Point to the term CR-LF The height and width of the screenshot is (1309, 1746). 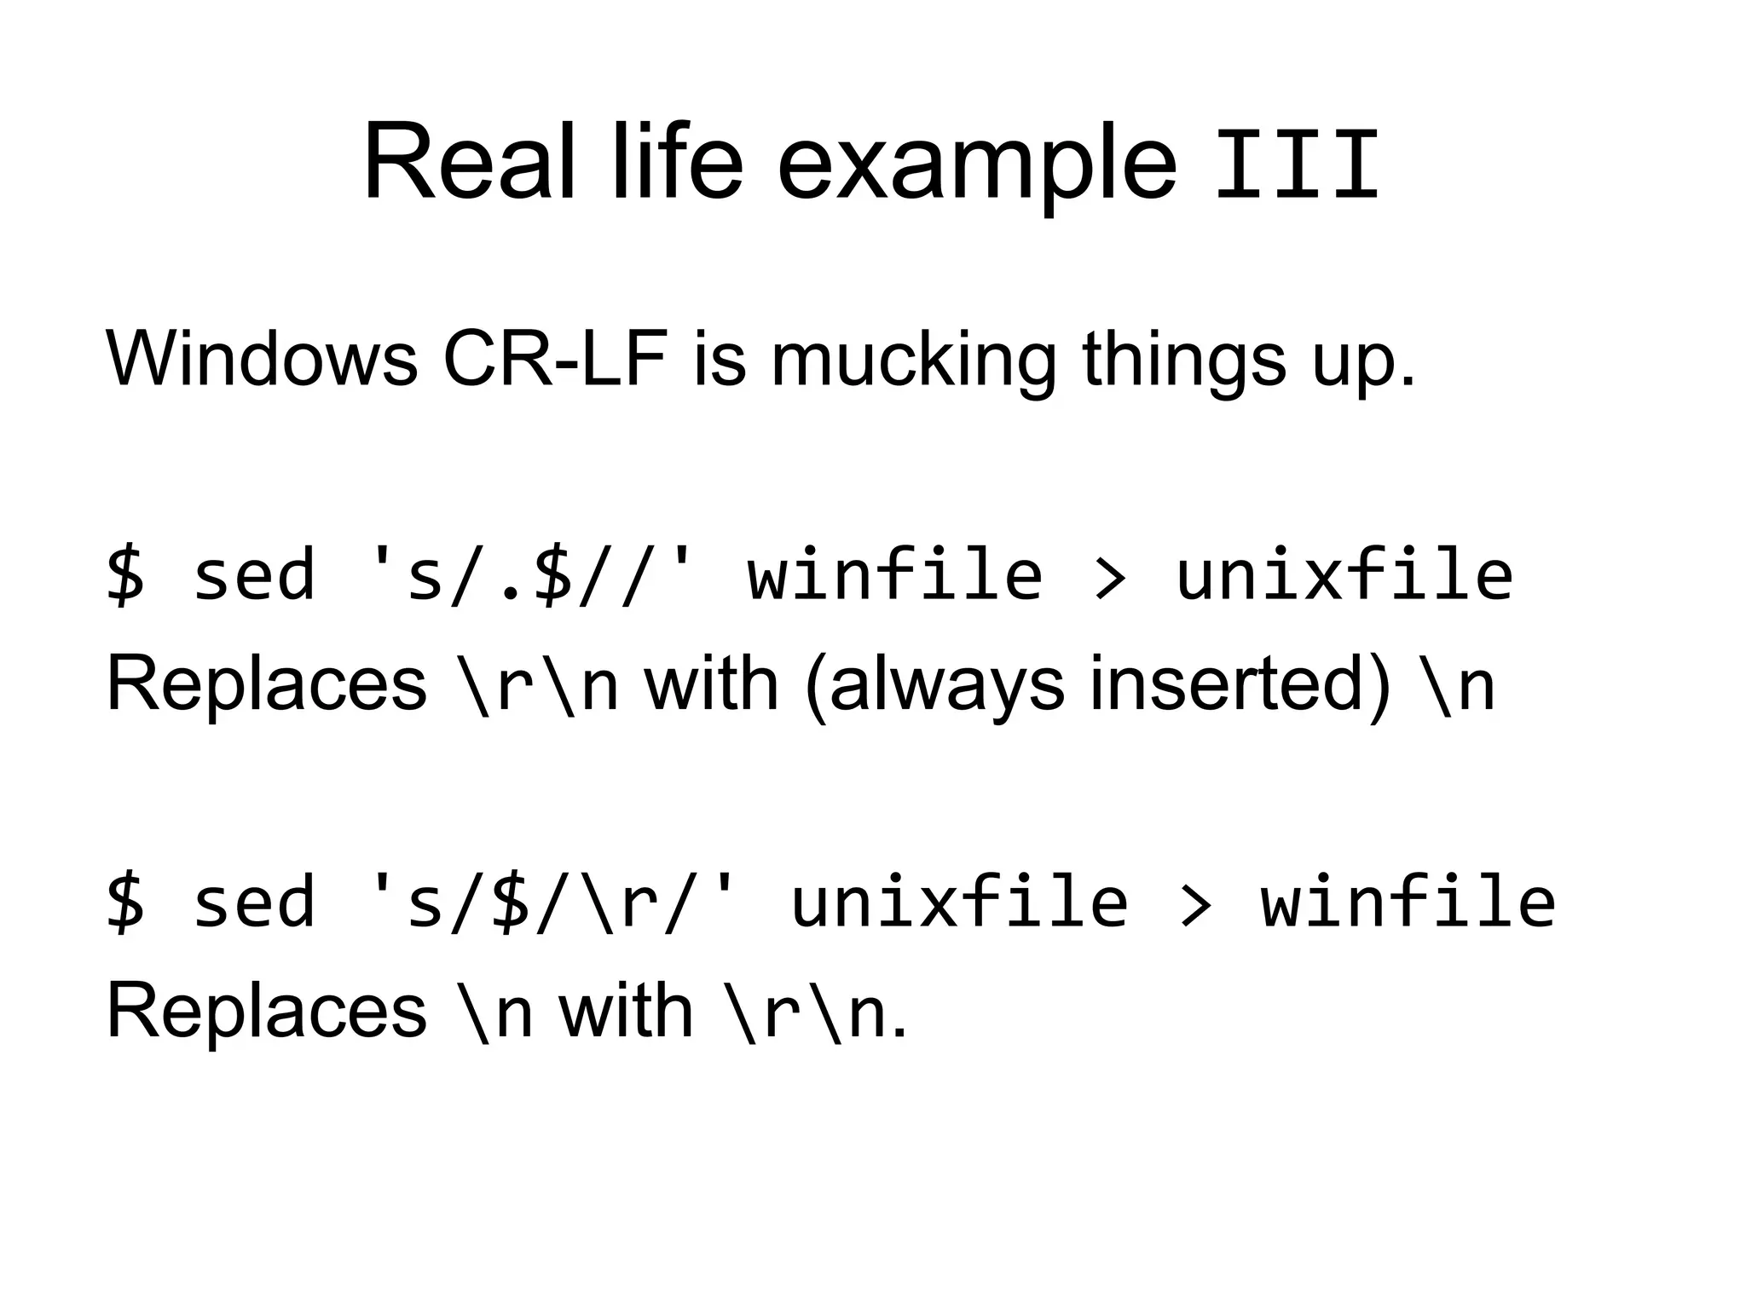tap(555, 358)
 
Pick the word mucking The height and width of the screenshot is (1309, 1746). tap(913, 362)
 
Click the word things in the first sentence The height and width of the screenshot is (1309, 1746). tap(1184, 362)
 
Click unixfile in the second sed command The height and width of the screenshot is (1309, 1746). tap(959, 902)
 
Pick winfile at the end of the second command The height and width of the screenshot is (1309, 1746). tap(1408, 902)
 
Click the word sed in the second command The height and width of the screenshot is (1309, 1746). tap(254, 902)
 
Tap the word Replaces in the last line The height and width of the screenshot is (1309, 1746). tap(266, 1012)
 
